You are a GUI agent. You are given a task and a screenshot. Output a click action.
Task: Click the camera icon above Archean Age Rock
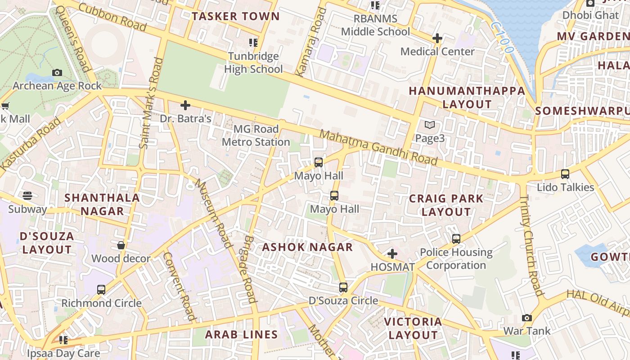(x=57, y=72)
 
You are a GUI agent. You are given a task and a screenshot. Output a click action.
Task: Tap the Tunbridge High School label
(x=253, y=63)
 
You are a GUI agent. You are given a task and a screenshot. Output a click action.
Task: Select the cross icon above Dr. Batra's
(x=185, y=106)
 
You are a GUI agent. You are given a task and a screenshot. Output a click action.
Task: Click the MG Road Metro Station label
(x=256, y=135)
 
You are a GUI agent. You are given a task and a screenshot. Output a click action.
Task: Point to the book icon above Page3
(x=430, y=125)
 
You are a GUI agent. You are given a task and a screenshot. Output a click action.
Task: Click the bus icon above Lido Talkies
(x=565, y=174)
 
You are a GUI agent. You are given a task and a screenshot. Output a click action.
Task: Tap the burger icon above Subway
(x=27, y=196)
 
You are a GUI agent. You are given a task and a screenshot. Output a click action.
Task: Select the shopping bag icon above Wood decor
(x=121, y=245)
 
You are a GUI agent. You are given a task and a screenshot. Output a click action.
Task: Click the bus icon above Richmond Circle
(x=101, y=290)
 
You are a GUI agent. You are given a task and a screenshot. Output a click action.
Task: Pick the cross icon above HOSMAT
(x=392, y=254)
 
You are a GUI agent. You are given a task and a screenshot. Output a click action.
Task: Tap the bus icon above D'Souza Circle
(x=343, y=287)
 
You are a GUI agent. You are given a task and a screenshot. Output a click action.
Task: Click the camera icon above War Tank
(x=527, y=318)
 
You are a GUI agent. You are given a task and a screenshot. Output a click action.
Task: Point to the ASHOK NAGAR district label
(x=307, y=247)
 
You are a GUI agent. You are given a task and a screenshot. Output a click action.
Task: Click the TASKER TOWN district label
(x=235, y=17)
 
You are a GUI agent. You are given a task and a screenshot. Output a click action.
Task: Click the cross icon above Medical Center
(x=437, y=38)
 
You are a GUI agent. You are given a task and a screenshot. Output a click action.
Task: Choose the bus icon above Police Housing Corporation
(x=456, y=239)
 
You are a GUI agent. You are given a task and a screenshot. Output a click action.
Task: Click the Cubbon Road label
(x=112, y=17)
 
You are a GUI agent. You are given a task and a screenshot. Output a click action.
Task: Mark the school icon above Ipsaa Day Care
(x=63, y=340)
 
